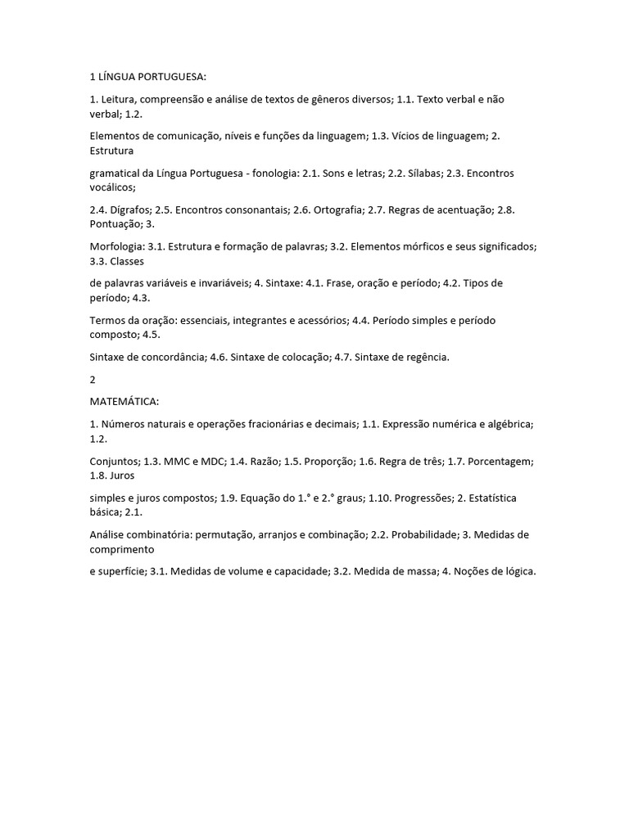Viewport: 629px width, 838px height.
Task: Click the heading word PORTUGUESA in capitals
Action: click(174, 77)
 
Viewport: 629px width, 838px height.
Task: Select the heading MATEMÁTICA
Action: click(124, 402)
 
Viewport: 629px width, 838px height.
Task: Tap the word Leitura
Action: click(119, 98)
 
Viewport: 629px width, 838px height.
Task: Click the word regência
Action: click(426, 357)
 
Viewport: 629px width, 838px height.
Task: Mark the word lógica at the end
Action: click(518, 571)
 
